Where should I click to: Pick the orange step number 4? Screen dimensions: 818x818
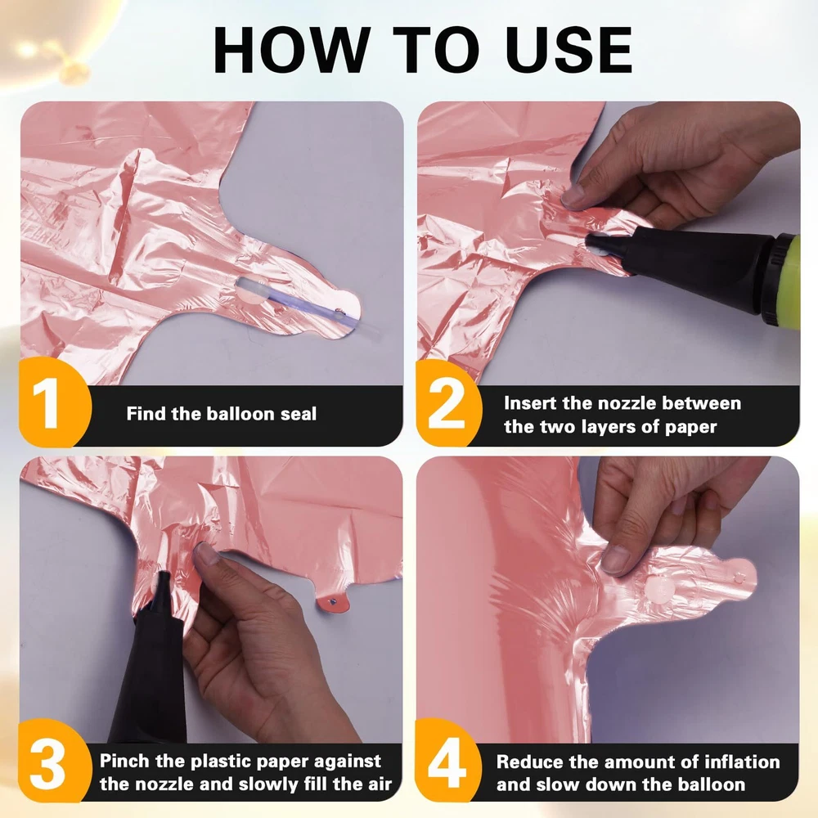[447, 762]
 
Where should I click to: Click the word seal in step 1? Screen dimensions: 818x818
[299, 414]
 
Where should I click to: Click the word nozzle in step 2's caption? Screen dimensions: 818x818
[626, 403]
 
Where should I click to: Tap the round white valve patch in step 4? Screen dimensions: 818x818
[658, 590]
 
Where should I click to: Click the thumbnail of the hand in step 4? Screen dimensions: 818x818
[615, 560]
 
